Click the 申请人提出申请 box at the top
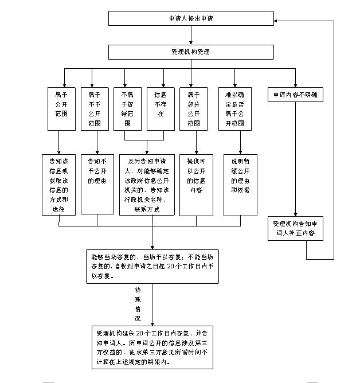(191, 18)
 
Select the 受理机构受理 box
(191, 52)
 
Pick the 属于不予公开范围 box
(96, 108)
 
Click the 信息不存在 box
(160, 108)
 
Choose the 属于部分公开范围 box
(193, 108)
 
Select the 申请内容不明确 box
(295, 94)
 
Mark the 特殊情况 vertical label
(138, 304)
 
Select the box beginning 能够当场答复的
(152, 266)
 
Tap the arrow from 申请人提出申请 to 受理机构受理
(191, 36)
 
